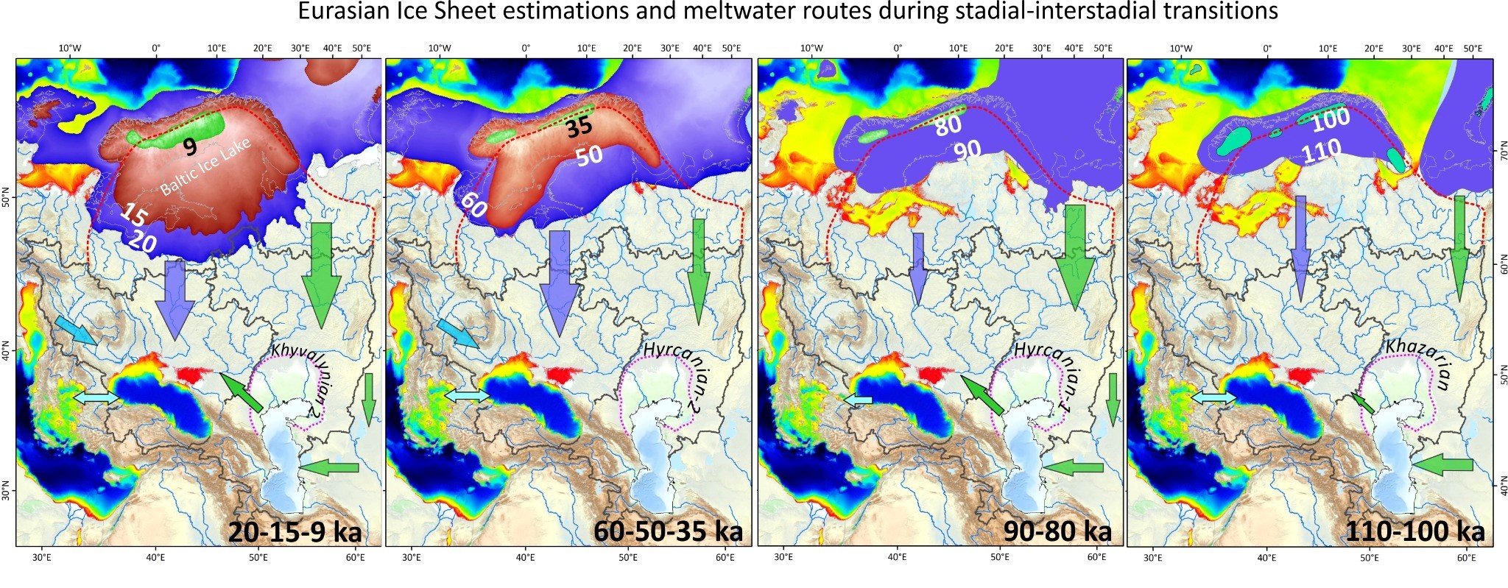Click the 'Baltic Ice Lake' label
point(205,167)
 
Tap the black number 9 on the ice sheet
point(190,147)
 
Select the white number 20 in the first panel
point(141,240)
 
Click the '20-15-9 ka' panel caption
point(295,531)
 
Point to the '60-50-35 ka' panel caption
point(668,531)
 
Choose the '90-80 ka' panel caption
point(1057,531)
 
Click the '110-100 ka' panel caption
point(1414,531)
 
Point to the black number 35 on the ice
point(579,127)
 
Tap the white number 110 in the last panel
point(1321,152)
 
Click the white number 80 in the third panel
point(948,125)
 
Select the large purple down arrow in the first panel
point(175,298)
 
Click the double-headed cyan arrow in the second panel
point(467,396)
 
